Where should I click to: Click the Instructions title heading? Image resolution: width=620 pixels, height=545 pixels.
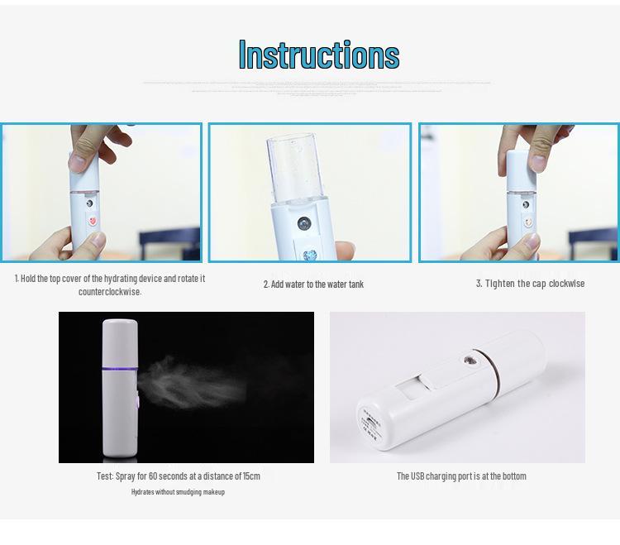pyautogui.click(x=318, y=55)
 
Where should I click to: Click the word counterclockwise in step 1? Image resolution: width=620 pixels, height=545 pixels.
pyautogui.click(x=110, y=292)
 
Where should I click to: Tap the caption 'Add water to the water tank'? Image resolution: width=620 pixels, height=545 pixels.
pyautogui.click(x=313, y=284)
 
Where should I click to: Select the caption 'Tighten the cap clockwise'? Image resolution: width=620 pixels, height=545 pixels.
pyautogui.click(x=530, y=284)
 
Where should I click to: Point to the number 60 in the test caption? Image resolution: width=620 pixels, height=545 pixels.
pyautogui.click(x=155, y=476)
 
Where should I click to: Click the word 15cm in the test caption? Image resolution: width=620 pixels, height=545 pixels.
pyautogui.click(x=250, y=476)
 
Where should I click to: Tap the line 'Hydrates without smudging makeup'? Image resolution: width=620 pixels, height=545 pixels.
pyautogui.click(x=178, y=492)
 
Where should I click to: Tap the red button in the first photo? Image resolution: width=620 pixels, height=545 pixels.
pyautogui.click(x=92, y=222)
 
